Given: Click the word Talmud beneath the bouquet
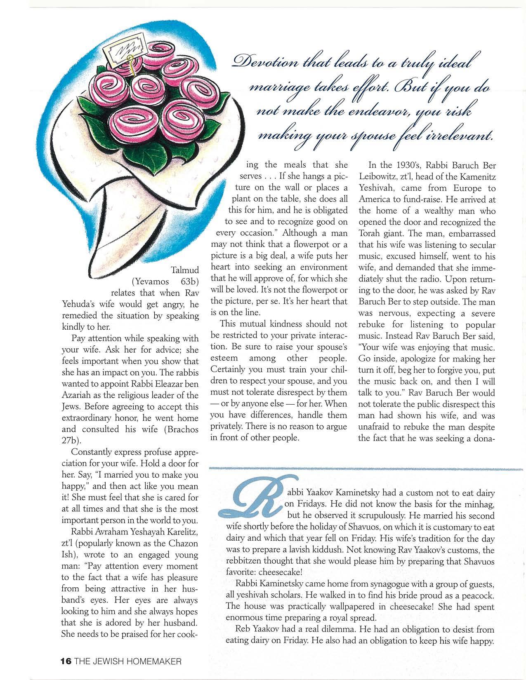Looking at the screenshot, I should pos(184,270).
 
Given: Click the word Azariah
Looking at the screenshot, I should pos(78,395).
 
